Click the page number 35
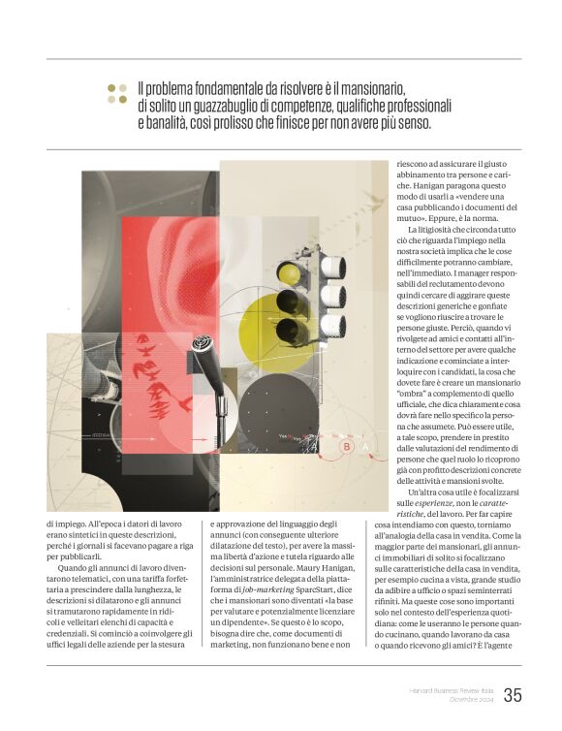tap(513, 695)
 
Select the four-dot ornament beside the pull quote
tap(116, 93)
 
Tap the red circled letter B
tap(346, 447)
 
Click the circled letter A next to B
tap(365, 447)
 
